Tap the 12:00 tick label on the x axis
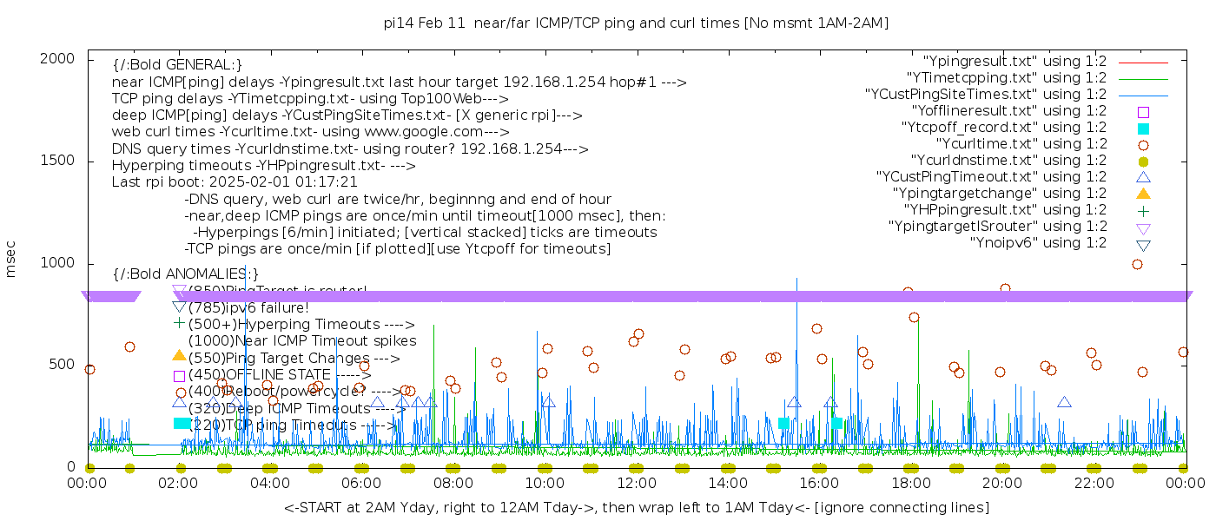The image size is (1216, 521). click(636, 483)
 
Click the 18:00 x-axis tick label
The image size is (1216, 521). click(910, 483)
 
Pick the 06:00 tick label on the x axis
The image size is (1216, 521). click(361, 483)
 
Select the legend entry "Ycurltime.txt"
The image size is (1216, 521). click(1021, 144)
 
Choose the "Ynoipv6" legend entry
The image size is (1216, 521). click(1038, 243)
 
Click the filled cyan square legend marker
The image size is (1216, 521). click(1143, 129)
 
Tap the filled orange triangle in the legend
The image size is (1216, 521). click(1143, 194)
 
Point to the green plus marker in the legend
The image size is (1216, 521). click(1143, 210)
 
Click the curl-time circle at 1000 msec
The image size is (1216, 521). click(1137, 264)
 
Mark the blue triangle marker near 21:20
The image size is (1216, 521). click(1064, 402)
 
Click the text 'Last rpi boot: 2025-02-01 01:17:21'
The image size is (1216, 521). click(235, 182)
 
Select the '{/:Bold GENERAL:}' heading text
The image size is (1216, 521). click(177, 65)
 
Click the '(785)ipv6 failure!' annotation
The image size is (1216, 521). click(248, 307)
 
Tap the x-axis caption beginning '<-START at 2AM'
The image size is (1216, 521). click(636, 507)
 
